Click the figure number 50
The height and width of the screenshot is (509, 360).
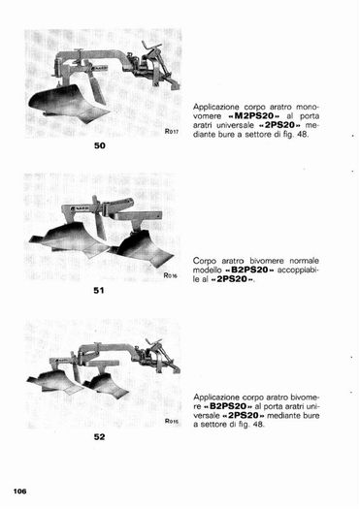[99, 145]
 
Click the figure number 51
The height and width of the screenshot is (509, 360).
[99, 290]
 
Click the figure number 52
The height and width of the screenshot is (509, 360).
[99, 437]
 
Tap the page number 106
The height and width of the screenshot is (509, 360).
[19, 492]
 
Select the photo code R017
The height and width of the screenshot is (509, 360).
[172, 132]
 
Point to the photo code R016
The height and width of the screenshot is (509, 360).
[170, 275]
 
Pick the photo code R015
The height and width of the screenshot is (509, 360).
[172, 421]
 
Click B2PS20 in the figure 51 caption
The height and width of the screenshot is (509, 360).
[249, 270]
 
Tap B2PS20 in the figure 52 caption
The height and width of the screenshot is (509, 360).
[228, 406]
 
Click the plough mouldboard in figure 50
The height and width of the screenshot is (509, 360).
[66, 103]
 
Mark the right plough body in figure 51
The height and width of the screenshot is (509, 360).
[143, 249]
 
